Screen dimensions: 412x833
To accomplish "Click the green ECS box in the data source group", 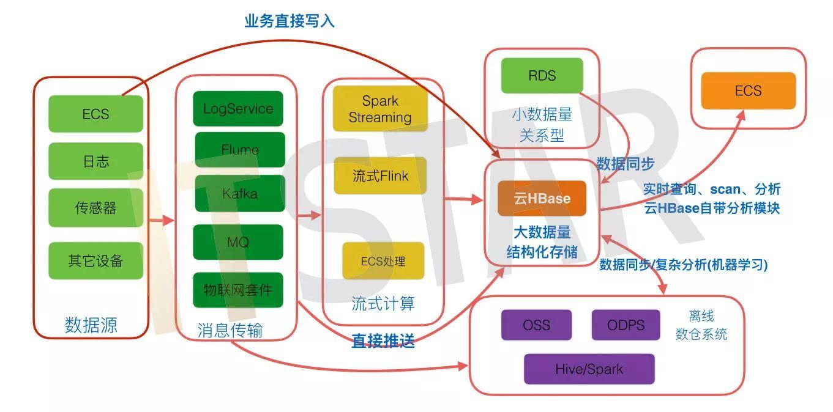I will pos(95,114).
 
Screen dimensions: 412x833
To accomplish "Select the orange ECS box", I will pos(748,91).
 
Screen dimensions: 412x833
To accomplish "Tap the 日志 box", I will pos(95,161).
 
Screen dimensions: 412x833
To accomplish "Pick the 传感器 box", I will pos(95,208).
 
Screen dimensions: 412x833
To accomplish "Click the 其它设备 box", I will pos(95,261).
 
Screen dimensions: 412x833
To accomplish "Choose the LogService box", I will pos(238,109).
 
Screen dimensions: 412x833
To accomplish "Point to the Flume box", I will pos(240,150).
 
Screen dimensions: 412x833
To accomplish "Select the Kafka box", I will pos(240,194).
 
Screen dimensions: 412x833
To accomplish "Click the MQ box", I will pos(238,242).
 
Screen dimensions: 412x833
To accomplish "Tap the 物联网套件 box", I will pos(238,290).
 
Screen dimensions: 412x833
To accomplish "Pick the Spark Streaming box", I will pos(380,109).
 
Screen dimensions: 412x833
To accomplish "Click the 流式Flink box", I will pos(380,176).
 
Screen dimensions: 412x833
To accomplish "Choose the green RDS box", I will pos(542,76).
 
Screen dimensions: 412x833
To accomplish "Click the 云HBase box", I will pos(542,198).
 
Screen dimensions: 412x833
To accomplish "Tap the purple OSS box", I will pos(536,325).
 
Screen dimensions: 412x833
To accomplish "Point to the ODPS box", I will pos(626,325).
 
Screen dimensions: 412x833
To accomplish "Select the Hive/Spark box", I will pos(589,369).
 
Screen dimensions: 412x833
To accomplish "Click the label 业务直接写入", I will pos(289,21).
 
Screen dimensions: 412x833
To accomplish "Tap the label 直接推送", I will pos(383,341).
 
